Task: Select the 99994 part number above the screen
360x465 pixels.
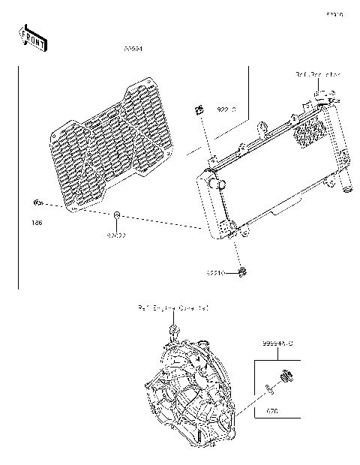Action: click(133, 49)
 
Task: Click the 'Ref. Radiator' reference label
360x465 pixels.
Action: click(317, 74)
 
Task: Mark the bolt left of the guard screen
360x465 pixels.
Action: click(35, 202)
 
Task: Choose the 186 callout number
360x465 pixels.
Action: click(36, 223)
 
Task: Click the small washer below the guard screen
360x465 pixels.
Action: click(118, 217)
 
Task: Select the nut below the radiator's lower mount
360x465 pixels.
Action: click(242, 270)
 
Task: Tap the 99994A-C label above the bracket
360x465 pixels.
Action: click(277, 343)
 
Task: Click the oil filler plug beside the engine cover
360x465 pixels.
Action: click(285, 377)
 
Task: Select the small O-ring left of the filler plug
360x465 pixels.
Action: click(267, 387)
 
